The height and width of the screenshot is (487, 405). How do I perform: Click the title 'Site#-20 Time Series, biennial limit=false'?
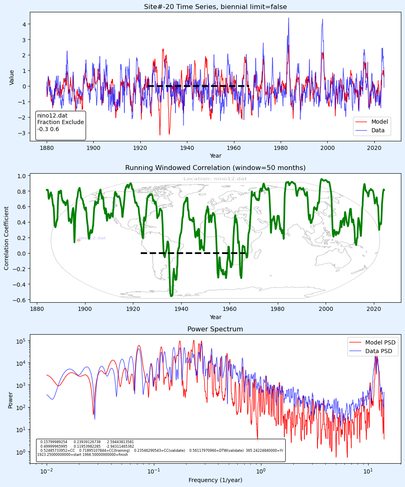pyautogui.click(x=215, y=7)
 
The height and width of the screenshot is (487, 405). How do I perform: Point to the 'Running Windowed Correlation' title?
pyautogui.click(x=215, y=168)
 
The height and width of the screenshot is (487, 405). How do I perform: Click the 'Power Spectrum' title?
pyautogui.click(x=215, y=329)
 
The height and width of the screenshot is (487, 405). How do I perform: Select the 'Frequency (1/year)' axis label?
pyautogui.click(x=215, y=480)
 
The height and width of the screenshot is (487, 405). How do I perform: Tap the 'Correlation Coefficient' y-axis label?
pyautogui.click(x=7, y=238)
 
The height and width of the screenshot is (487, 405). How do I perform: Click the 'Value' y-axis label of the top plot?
pyautogui.click(x=12, y=77)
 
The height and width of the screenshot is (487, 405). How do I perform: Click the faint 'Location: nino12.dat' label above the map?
pyautogui.click(x=215, y=179)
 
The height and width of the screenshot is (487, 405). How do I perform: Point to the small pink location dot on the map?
pyautogui.click(x=79, y=240)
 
